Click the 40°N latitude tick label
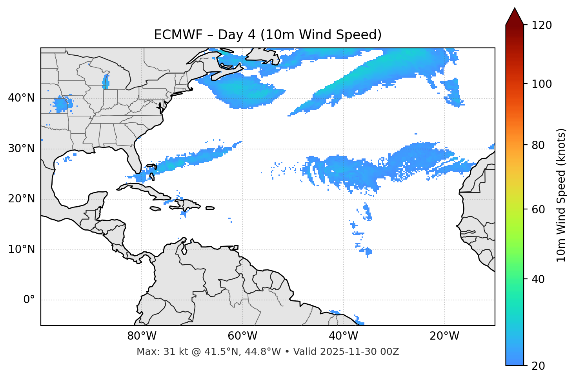(21, 98)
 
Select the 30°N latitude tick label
(21, 149)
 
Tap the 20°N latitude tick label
(21, 199)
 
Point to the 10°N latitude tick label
(21, 249)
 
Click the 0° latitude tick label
(29, 300)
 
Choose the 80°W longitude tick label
(142, 336)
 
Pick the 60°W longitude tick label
(242, 336)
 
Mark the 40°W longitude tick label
(343, 336)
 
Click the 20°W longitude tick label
(444, 336)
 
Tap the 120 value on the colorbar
(542, 25)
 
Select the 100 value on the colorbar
(542, 84)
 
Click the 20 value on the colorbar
(539, 366)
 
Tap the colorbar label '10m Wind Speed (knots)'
(561, 195)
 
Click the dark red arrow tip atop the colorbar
(515, 16)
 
